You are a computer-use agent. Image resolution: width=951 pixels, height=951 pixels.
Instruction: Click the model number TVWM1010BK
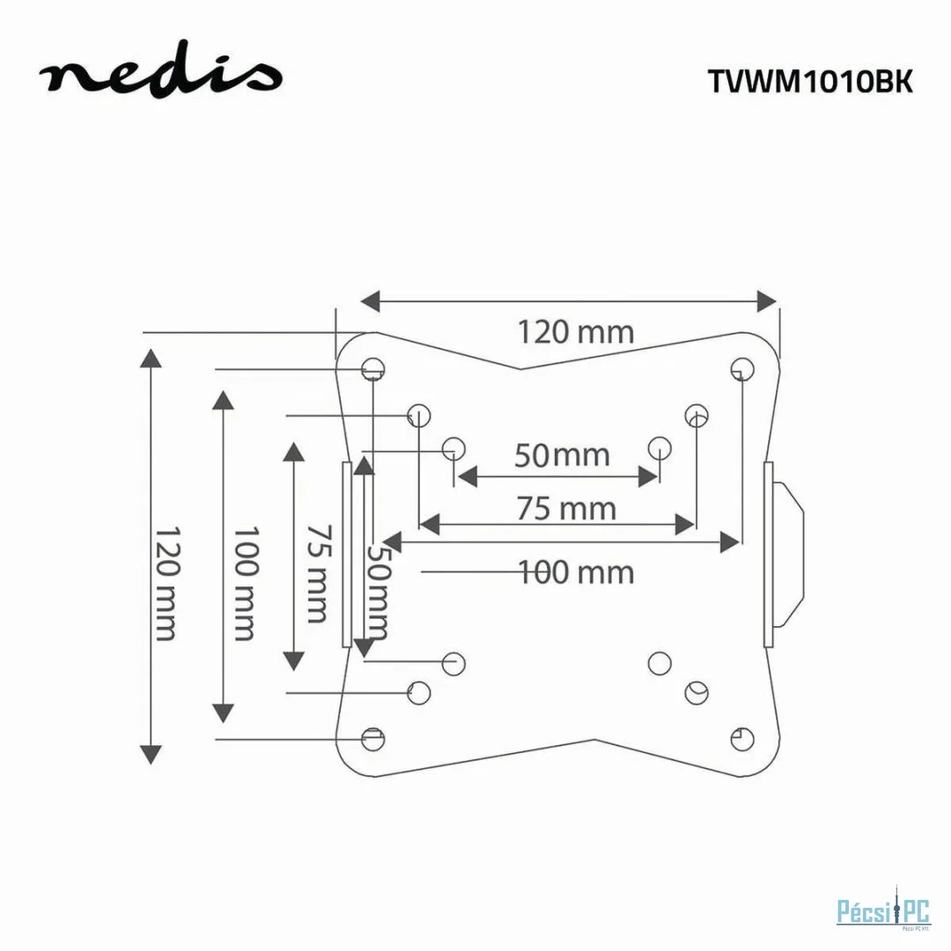(810, 81)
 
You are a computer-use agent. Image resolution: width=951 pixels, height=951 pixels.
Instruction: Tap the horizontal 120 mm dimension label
(574, 333)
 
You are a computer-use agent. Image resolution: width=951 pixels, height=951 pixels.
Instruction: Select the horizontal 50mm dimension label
(561, 455)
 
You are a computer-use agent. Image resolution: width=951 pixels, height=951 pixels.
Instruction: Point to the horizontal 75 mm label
(566, 509)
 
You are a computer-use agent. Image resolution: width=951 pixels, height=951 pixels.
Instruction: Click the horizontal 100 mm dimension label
(576, 572)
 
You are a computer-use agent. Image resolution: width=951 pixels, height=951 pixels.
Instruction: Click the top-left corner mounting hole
(373, 367)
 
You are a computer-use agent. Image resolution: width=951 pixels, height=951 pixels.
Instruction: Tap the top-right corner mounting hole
(742, 366)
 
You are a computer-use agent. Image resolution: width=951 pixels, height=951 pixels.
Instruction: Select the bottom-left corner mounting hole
(373, 738)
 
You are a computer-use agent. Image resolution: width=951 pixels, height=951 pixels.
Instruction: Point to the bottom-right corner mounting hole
(741, 738)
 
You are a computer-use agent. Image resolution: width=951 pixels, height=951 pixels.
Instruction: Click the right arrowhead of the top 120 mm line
(767, 301)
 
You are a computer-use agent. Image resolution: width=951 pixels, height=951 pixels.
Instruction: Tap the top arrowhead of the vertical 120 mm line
(151, 358)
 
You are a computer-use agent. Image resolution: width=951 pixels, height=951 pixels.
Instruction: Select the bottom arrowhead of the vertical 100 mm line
(224, 712)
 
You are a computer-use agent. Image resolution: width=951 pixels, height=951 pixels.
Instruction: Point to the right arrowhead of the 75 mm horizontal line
(685, 526)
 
